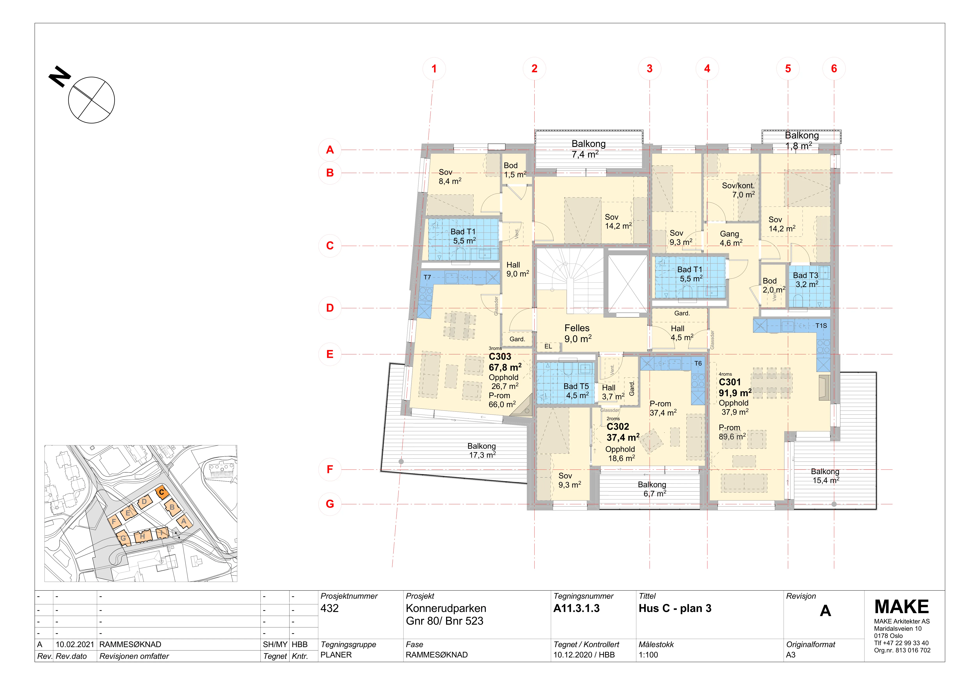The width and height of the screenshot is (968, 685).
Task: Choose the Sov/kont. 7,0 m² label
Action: pyautogui.click(x=738, y=190)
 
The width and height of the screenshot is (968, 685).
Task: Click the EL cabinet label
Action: pyautogui.click(x=548, y=346)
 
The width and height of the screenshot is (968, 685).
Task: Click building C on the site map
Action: pyautogui.click(x=162, y=492)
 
